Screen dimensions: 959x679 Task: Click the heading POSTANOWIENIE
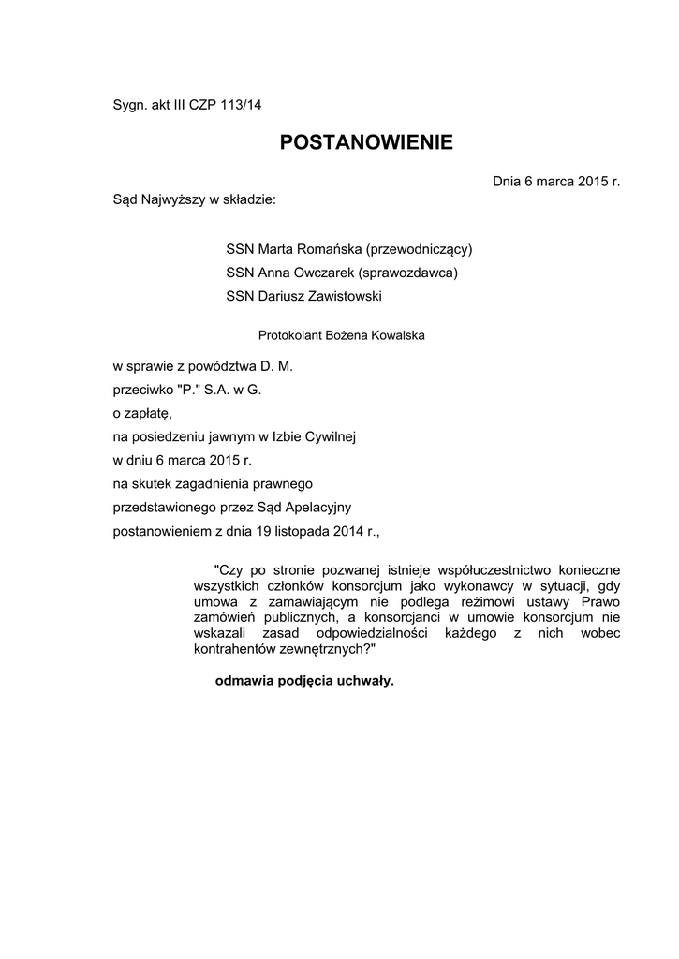coord(366,142)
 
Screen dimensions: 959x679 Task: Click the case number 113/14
coord(241,105)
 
